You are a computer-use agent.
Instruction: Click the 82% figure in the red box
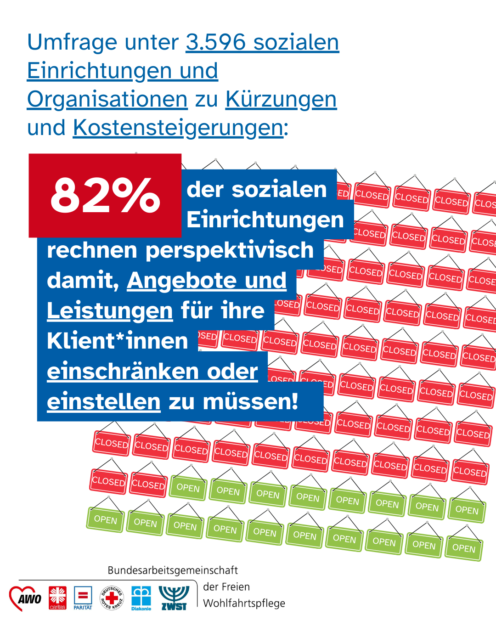point(105,196)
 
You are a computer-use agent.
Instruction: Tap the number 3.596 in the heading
point(216,42)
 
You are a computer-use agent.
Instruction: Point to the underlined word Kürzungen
point(281,99)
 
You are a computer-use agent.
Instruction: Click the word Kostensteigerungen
point(178,128)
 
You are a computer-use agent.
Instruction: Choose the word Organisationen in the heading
point(107,99)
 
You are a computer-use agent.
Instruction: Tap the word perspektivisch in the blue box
point(230,251)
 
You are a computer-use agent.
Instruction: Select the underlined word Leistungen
point(110,311)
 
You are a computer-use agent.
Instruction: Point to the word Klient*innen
point(118,341)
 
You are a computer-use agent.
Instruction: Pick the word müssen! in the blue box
point(250,402)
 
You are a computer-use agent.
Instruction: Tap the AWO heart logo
point(26,598)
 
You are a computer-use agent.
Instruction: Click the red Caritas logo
point(57,598)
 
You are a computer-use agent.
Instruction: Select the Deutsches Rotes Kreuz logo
point(112,598)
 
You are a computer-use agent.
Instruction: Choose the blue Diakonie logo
point(141,598)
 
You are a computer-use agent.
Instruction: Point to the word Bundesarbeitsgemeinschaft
point(173,570)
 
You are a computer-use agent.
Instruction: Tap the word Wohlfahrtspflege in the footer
point(244,603)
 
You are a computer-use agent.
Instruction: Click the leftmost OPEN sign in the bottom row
point(105,519)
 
